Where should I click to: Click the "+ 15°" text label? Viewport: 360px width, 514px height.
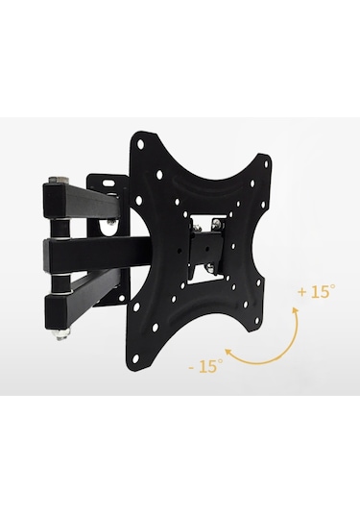(317, 291)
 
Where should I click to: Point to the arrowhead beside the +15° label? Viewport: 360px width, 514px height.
(296, 311)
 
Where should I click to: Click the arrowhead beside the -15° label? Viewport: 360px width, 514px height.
(228, 353)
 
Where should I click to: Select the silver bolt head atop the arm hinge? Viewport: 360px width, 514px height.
(58, 180)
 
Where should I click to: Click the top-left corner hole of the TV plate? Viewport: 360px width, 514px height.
(141, 144)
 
